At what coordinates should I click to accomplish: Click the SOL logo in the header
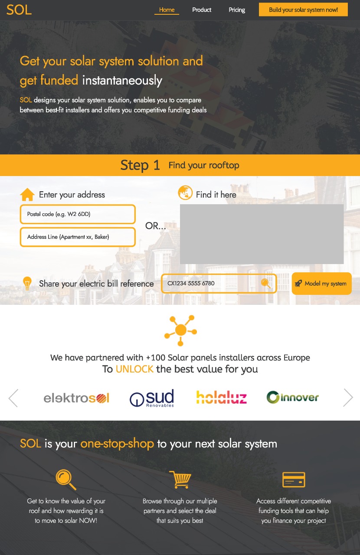tap(19, 10)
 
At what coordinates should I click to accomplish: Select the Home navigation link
tap(167, 10)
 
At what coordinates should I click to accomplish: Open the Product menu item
tap(202, 10)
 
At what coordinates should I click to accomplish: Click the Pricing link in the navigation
tap(237, 10)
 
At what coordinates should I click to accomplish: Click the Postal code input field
tap(78, 214)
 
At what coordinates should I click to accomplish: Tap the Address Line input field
tap(78, 237)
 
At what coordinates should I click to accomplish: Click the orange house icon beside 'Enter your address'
tap(27, 195)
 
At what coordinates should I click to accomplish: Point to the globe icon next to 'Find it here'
tap(185, 193)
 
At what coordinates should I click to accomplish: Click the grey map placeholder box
tap(262, 234)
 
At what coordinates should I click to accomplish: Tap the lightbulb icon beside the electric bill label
tap(27, 284)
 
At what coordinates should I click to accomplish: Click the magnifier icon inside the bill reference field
tap(265, 284)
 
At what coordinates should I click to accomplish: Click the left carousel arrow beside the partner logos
tap(13, 398)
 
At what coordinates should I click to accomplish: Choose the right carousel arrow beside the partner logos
tap(348, 398)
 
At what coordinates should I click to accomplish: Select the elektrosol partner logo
tap(76, 398)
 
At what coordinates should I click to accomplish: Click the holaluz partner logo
tap(221, 398)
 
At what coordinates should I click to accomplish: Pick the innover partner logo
tap(292, 397)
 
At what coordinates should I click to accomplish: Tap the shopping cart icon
tap(180, 480)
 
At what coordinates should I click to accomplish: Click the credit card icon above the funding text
tap(294, 480)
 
